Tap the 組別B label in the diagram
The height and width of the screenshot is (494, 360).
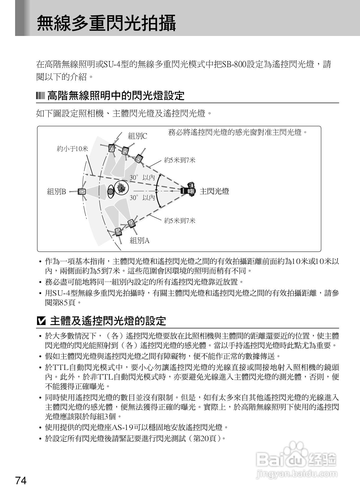[x=56, y=191]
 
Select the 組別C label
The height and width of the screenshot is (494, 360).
[x=137, y=136]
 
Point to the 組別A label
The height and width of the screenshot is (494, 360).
[x=140, y=241]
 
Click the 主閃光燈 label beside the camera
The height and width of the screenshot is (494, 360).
[x=214, y=191]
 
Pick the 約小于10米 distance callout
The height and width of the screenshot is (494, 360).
[x=72, y=149]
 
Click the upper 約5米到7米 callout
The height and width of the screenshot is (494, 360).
[x=180, y=160]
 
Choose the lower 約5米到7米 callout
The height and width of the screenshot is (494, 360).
[x=180, y=221]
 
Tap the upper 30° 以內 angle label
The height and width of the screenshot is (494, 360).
[x=142, y=177]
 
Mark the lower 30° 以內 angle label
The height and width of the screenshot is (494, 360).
[x=142, y=198]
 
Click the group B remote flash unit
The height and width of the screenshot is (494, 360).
[x=82, y=191]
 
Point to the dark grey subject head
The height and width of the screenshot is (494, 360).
[x=110, y=191]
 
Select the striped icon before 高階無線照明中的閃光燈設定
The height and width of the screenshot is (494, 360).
[x=40, y=95]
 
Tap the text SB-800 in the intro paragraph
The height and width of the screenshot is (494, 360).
[x=234, y=64]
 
